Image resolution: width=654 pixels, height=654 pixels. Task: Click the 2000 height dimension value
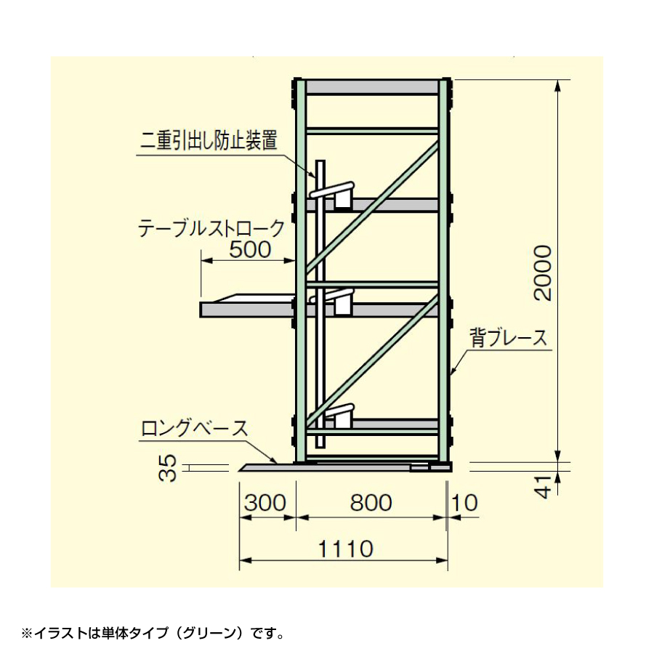point(542,273)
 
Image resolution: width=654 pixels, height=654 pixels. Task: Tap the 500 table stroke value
point(250,249)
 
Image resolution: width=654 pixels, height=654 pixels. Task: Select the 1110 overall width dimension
point(346,549)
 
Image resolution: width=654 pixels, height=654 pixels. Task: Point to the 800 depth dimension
point(371,503)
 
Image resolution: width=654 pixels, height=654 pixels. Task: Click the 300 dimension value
point(265,503)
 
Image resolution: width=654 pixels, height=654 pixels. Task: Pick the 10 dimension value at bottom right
point(464,503)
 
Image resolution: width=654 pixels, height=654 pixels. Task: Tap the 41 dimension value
point(543,486)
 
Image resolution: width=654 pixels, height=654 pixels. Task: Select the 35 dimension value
point(168,468)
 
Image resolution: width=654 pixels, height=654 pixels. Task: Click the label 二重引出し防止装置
point(209,140)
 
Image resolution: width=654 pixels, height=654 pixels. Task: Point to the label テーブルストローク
point(211,228)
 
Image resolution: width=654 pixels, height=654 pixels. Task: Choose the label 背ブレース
point(509,337)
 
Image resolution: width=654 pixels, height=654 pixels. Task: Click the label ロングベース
point(195,428)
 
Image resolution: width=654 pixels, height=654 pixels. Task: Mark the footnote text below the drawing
point(153,634)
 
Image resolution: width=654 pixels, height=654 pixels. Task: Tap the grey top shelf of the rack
point(372,87)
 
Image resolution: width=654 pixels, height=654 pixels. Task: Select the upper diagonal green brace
point(372,207)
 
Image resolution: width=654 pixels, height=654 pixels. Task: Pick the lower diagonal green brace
point(372,361)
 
